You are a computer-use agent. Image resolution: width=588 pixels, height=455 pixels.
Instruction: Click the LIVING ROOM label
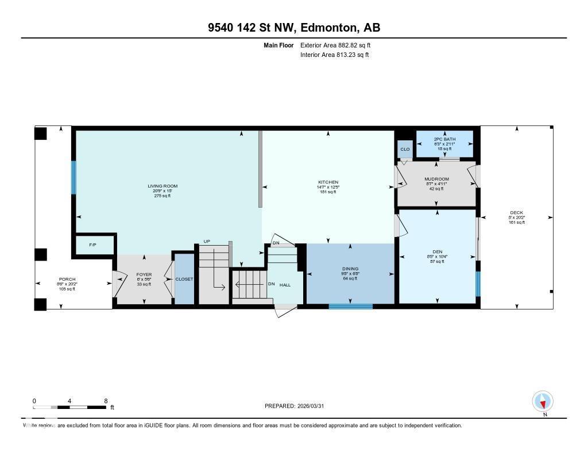coord(163,186)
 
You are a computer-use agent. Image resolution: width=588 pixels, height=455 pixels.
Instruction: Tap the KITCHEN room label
coord(328,182)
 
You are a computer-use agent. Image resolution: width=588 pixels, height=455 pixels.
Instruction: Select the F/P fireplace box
coord(92,244)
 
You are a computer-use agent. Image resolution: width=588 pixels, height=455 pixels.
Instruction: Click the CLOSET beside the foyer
coord(184,279)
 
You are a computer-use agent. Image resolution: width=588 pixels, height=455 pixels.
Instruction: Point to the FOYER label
coord(144,274)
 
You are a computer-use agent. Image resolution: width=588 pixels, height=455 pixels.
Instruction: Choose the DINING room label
coord(350,269)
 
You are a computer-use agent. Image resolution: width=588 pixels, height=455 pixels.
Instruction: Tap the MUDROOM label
coord(436,179)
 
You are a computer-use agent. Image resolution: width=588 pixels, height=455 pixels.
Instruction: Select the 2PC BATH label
coord(444,139)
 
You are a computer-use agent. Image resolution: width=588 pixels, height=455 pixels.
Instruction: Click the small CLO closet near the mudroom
coord(405,149)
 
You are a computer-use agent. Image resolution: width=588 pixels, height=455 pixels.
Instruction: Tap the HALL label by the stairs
coord(285,285)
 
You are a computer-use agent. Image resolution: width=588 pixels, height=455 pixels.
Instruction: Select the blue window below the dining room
coord(350,306)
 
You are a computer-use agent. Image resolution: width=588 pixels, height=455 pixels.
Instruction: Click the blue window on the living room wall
coord(73,177)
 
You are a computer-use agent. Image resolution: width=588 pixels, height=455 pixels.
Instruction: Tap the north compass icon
coord(543,401)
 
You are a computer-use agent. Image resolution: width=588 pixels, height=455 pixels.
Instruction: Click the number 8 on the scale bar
coord(106,400)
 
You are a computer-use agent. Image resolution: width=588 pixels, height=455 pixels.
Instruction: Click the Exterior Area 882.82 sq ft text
coord(339,45)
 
